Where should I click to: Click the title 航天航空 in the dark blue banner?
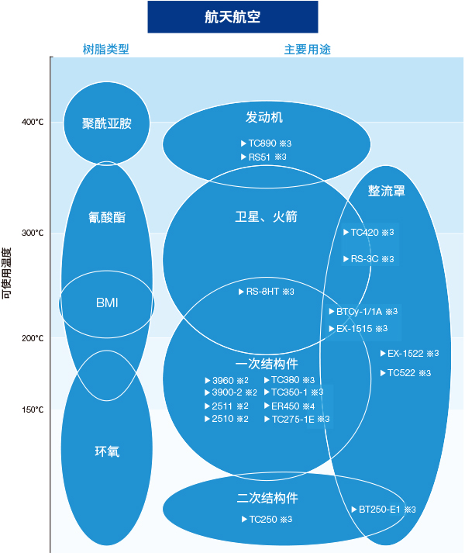pyautogui.click(x=232, y=17)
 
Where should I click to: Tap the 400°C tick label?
pyautogui.click(x=33, y=122)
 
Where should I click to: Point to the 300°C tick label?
pyautogui.click(x=33, y=233)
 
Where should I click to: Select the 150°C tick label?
pyautogui.click(x=33, y=410)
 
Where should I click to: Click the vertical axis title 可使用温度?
pyautogui.click(x=7, y=273)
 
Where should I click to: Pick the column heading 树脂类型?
pyautogui.click(x=105, y=49)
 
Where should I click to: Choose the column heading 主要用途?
pyautogui.click(x=308, y=50)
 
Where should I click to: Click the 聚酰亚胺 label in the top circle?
pyautogui.click(x=107, y=123)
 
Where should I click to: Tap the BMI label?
pyautogui.click(x=107, y=302)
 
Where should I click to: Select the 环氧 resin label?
pyautogui.click(x=107, y=451)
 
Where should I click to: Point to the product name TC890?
pyautogui.click(x=262, y=143)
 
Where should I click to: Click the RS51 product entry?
pyautogui.click(x=260, y=157)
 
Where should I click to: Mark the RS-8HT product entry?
pyautogui.click(x=263, y=292)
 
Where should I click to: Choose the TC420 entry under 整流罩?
pyautogui.click(x=364, y=233)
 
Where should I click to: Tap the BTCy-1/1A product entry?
pyautogui.click(x=360, y=312)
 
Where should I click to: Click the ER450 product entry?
pyautogui.click(x=285, y=406)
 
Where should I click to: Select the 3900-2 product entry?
pyautogui.click(x=226, y=392)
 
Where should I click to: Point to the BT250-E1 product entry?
pyautogui.click(x=379, y=510)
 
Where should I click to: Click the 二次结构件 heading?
pyautogui.click(x=267, y=498)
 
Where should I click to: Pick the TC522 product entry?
pyautogui.click(x=401, y=373)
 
